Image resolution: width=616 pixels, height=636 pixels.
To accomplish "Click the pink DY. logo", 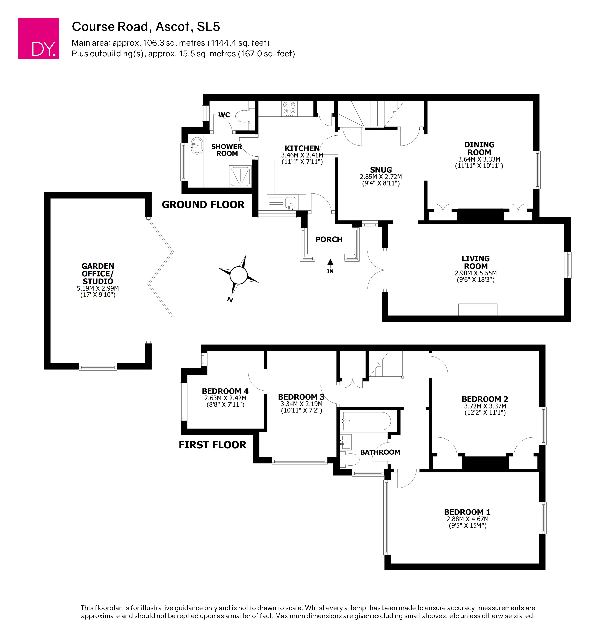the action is (38, 38).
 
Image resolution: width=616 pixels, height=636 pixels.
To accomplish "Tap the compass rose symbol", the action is (238, 275).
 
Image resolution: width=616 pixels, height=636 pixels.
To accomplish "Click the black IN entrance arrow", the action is (330, 262).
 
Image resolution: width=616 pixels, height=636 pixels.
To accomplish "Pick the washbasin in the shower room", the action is (197, 146).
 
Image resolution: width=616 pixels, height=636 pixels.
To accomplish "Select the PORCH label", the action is (329, 240).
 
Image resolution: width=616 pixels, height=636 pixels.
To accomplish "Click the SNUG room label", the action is (381, 170).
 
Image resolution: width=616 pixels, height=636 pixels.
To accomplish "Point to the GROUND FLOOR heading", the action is (203, 205).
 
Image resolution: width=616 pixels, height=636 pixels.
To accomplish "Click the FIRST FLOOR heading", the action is (212, 445).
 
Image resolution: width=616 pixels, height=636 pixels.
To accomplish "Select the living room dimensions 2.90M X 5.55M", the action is (476, 273).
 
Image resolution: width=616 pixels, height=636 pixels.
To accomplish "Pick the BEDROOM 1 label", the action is (467, 512).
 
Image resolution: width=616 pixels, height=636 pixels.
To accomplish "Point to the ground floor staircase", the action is (370, 114).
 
